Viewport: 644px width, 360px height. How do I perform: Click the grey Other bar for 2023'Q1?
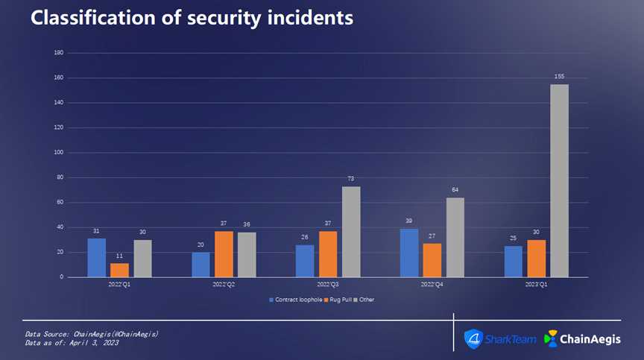click(x=559, y=180)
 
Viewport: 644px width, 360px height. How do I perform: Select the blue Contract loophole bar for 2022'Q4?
click(x=409, y=253)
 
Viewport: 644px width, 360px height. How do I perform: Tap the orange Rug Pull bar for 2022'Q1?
click(x=119, y=270)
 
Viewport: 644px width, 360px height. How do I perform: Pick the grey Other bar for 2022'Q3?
click(x=351, y=232)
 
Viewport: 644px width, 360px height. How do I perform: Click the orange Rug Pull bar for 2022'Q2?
click(x=224, y=254)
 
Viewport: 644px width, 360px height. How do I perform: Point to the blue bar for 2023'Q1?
click(x=513, y=262)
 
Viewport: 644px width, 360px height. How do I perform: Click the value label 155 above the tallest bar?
click(x=559, y=76)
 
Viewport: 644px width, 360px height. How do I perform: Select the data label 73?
click(x=351, y=179)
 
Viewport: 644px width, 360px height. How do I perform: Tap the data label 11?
click(x=119, y=256)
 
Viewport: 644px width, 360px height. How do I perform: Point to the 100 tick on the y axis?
click(x=58, y=153)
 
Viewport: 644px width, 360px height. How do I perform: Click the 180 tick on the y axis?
click(x=58, y=53)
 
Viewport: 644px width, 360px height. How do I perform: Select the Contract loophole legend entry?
click(x=296, y=299)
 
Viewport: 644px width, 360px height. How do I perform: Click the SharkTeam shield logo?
click(x=473, y=339)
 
